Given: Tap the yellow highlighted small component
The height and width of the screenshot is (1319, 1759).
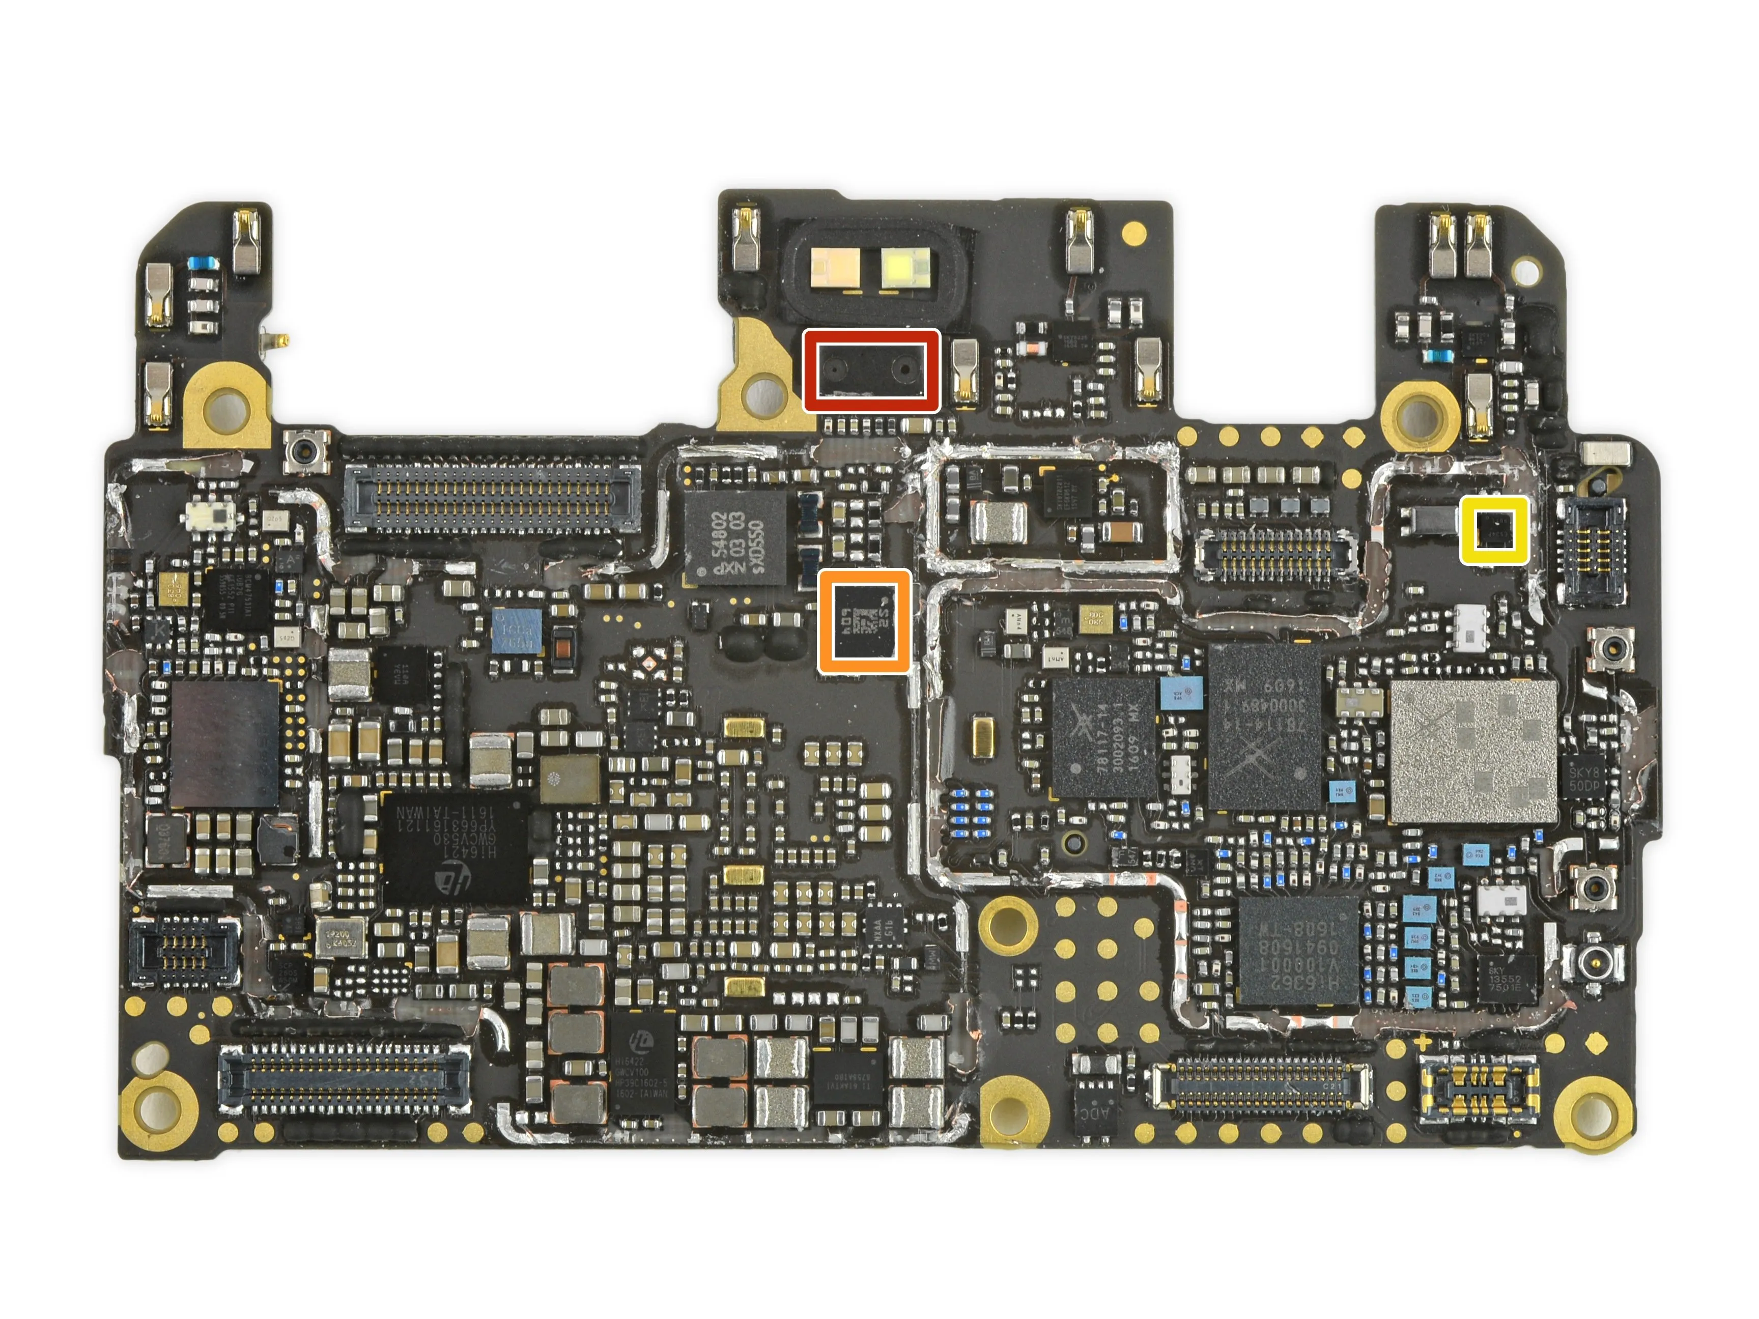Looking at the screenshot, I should tap(1493, 530).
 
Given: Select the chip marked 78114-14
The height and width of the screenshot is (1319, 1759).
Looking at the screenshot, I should tap(1264, 726).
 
